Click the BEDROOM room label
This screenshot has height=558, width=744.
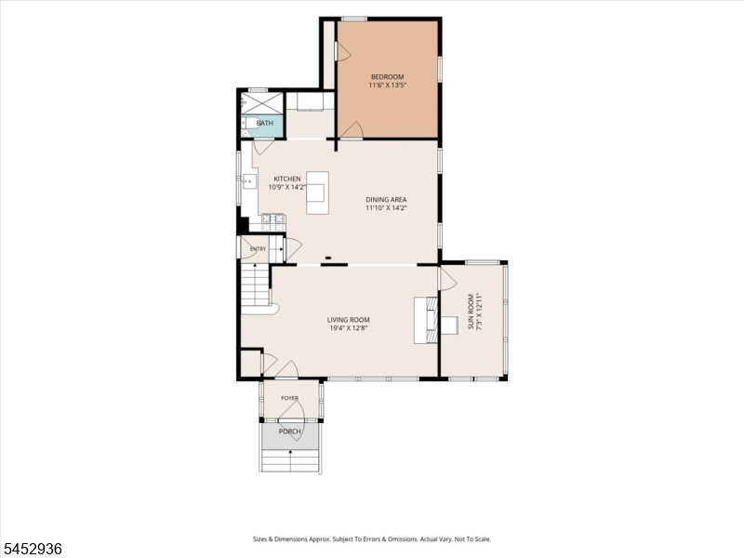coord(387,77)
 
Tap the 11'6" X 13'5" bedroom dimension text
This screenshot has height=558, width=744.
coord(387,86)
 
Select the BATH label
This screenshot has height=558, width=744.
coord(265,123)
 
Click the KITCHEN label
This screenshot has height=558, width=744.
coord(287,179)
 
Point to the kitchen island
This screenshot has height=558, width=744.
coord(317,193)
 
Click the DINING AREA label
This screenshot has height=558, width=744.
coord(386,200)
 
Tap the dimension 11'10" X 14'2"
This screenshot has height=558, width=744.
coord(386,207)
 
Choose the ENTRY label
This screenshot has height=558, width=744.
coord(259,249)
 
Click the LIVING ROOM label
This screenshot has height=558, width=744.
coord(348,320)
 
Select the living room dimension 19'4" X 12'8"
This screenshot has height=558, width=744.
coord(348,328)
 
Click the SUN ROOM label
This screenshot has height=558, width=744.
coord(471,312)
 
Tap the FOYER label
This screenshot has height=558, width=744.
coord(289,398)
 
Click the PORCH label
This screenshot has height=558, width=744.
coord(289,432)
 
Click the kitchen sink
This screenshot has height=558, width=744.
coord(249,181)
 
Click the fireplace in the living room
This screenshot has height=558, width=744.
coord(426,320)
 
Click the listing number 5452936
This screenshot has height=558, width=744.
coord(32,549)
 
